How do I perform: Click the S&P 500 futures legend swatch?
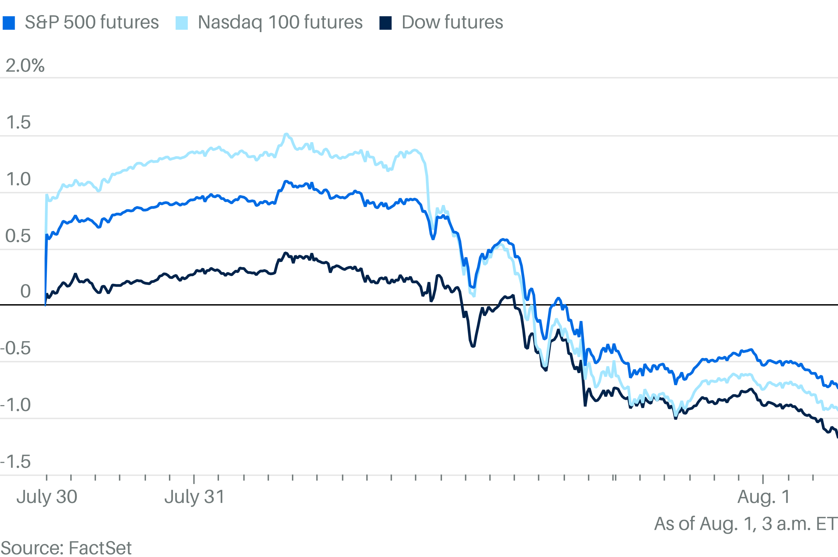9,23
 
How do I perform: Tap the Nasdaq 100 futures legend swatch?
181,23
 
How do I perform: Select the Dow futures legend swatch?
385,23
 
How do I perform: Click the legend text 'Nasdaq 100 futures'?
280,22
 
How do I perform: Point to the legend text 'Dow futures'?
452,22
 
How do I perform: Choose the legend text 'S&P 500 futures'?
92,22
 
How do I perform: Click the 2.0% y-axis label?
25,66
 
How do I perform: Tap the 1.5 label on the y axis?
18,122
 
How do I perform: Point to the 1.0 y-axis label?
18,179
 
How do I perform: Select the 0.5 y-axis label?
18,236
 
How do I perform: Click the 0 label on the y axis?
25,292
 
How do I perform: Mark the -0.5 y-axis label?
16,348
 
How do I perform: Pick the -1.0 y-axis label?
16,405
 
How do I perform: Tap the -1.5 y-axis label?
16,462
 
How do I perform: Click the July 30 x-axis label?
47,497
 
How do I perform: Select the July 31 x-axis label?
194,497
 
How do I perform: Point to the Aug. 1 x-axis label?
763,497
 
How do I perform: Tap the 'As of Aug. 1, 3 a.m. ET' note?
745,524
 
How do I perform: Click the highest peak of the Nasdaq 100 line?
286,134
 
